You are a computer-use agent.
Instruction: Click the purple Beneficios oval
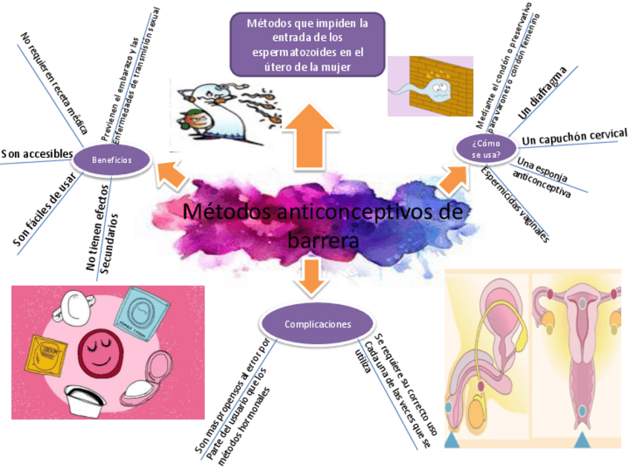[112, 160]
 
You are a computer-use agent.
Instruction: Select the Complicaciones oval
[318, 324]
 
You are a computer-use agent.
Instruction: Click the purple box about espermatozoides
[308, 45]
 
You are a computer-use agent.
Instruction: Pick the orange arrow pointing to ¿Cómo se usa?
[452, 179]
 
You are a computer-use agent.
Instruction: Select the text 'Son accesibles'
[37, 154]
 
